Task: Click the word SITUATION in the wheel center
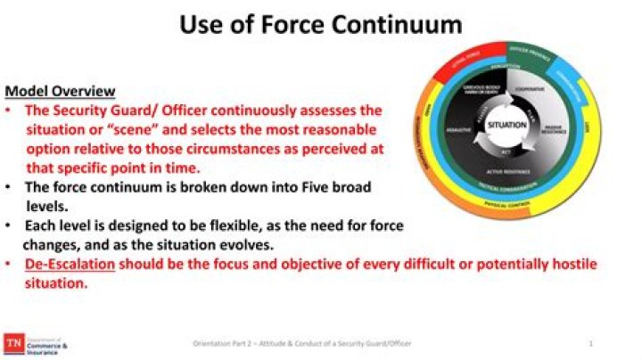tap(506, 126)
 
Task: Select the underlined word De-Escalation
tap(70, 265)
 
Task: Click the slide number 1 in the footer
tap(591, 343)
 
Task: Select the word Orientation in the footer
tap(216, 343)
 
